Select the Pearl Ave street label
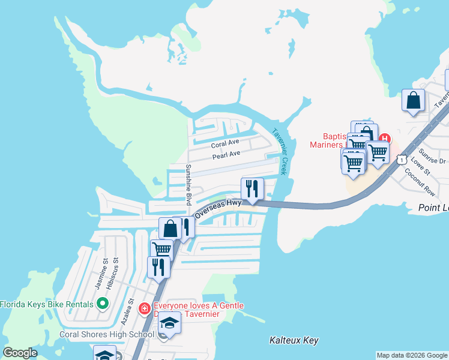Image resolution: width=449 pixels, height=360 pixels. pyautogui.click(x=226, y=154)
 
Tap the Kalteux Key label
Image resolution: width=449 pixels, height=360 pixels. pyautogui.click(x=294, y=340)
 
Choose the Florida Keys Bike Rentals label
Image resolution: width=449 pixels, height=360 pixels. pyautogui.click(x=47, y=304)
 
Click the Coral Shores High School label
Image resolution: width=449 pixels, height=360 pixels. pyautogui.click(x=107, y=335)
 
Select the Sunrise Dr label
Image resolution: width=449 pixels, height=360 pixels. pyautogui.click(x=433, y=157)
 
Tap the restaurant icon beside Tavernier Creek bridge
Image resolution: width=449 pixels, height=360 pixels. pyautogui.click(x=252, y=188)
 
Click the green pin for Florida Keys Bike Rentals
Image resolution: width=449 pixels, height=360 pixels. pyautogui.click(x=103, y=304)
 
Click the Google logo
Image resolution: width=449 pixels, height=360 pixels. pyautogui.click(x=20, y=353)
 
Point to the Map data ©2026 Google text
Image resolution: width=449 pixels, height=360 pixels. pyautogui.click(x=412, y=355)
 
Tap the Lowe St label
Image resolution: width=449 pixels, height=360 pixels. pyautogui.click(x=421, y=166)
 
